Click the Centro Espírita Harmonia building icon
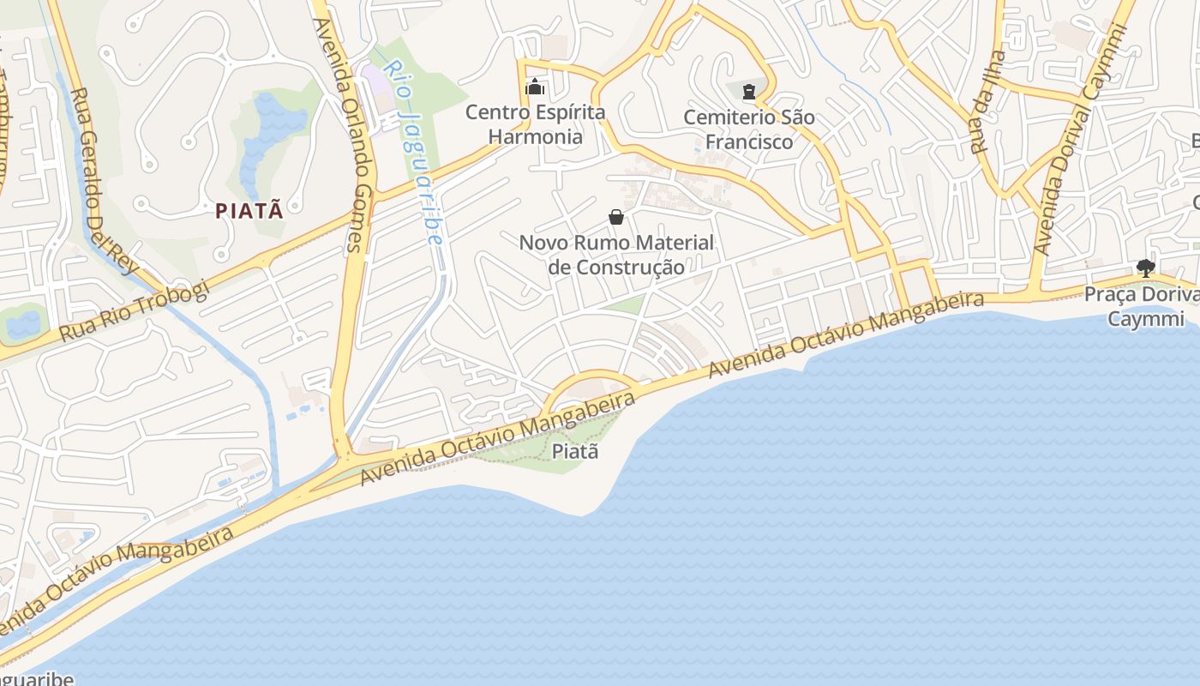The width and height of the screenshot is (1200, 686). click(x=535, y=87)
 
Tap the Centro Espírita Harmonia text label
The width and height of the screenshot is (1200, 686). click(x=535, y=124)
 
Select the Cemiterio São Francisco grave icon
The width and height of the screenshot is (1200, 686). click(x=750, y=91)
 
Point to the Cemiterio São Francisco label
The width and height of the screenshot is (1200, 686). click(x=749, y=129)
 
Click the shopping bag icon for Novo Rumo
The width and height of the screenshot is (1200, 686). click(x=615, y=217)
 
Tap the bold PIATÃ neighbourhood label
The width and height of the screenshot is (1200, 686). click(x=249, y=211)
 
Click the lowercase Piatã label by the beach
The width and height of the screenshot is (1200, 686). click(x=574, y=451)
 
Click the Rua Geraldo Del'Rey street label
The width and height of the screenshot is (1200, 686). click(x=104, y=180)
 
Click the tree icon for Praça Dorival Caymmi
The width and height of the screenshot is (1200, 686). click(x=1145, y=268)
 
